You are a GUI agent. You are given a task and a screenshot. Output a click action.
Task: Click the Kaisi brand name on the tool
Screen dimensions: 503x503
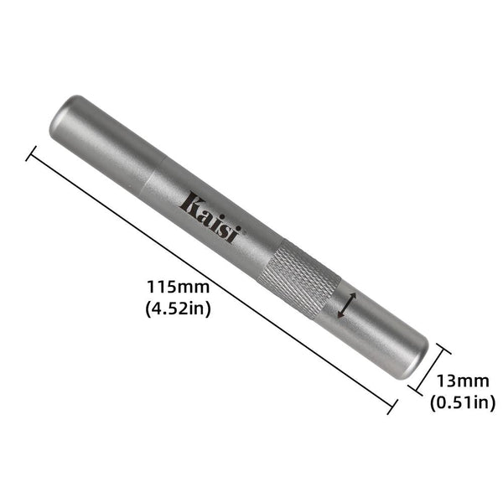pos(211,216)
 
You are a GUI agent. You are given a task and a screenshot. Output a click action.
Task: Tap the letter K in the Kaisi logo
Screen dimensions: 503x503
pos(192,202)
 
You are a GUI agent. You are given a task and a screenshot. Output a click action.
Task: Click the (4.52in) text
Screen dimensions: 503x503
pos(177,308)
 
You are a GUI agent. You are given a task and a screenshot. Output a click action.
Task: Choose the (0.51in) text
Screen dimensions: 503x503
pos(461,402)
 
